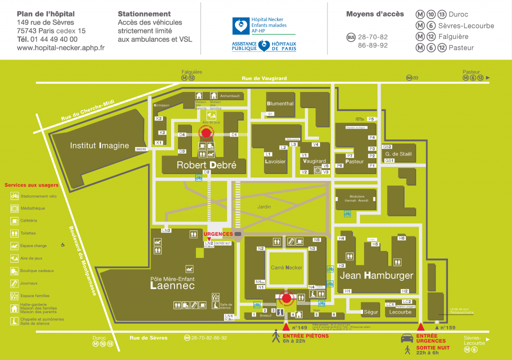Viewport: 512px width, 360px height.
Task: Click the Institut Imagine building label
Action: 99,146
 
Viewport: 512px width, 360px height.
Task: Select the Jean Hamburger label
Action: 376,275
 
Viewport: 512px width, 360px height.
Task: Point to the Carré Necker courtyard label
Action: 286,267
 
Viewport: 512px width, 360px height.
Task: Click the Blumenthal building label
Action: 280,103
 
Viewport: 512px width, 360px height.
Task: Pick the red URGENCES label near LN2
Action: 218,234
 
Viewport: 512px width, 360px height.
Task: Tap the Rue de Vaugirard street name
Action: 264,78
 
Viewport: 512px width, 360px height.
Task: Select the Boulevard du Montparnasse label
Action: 82,260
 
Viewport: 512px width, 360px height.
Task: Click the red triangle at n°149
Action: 286,326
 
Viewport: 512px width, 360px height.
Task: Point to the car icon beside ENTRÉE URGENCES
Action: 406,338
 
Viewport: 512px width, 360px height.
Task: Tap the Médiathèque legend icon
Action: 15,208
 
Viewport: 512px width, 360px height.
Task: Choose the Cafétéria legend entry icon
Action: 15,220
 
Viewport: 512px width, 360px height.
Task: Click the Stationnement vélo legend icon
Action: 15,196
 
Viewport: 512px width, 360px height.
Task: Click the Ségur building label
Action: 371,312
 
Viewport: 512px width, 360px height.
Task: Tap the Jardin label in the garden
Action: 264,206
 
